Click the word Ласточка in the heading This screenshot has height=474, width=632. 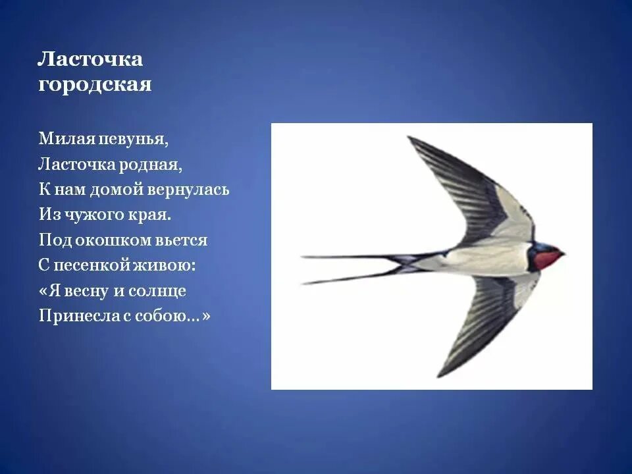90,59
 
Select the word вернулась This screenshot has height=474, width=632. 197,190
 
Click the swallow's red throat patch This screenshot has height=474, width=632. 546,259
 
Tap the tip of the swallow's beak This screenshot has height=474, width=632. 564,253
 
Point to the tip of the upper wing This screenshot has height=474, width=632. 409,138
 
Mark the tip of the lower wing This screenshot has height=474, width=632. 439,377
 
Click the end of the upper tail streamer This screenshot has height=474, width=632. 303,256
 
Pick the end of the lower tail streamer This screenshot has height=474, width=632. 303,283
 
